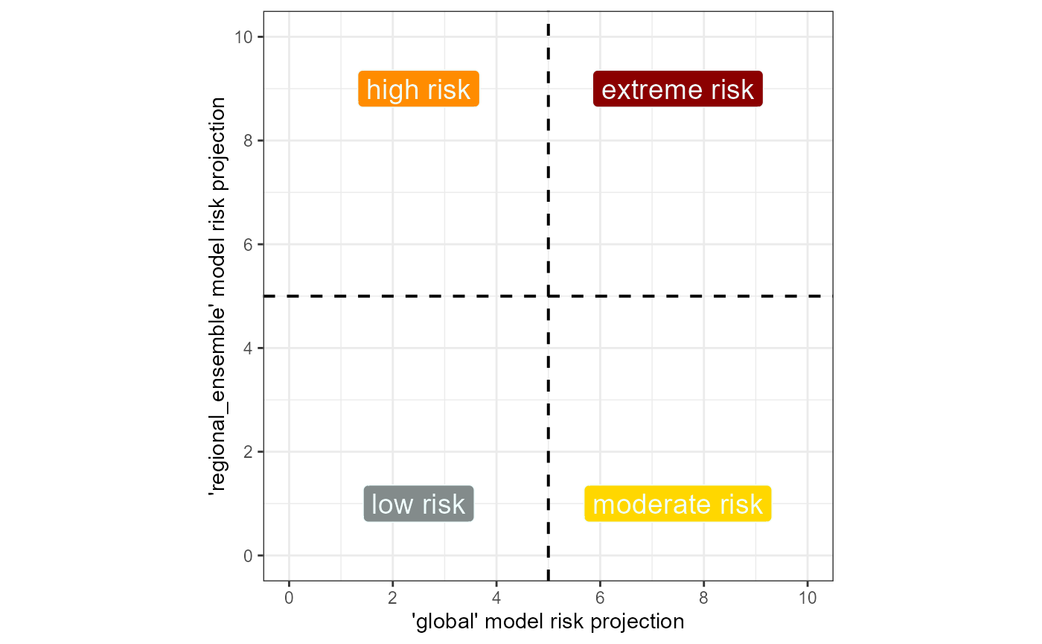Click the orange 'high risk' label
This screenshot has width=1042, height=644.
click(x=418, y=89)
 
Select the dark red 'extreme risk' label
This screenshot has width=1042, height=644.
click(x=678, y=89)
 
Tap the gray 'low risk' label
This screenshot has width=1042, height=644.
click(x=418, y=504)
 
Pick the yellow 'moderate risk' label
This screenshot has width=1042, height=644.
click(x=678, y=504)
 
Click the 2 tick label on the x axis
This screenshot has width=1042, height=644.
click(x=393, y=598)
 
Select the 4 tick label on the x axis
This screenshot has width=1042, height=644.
click(x=496, y=598)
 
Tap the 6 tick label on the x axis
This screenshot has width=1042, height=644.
click(x=600, y=598)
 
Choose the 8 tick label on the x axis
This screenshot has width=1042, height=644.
click(x=704, y=598)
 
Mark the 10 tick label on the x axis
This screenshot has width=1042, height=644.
click(x=808, y=598)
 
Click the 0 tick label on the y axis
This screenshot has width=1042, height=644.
click(x=248, y=555)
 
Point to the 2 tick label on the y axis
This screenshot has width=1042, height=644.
click(x=248, y=452)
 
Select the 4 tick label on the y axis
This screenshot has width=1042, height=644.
click(x=248, y=348)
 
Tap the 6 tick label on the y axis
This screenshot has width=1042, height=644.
click(x=248, y=244)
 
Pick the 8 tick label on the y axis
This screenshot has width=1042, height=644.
click(x=248, y=141)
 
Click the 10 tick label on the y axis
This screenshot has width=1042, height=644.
click(x=243, y=36)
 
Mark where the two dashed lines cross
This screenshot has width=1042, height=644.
click(x=549, y=296)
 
